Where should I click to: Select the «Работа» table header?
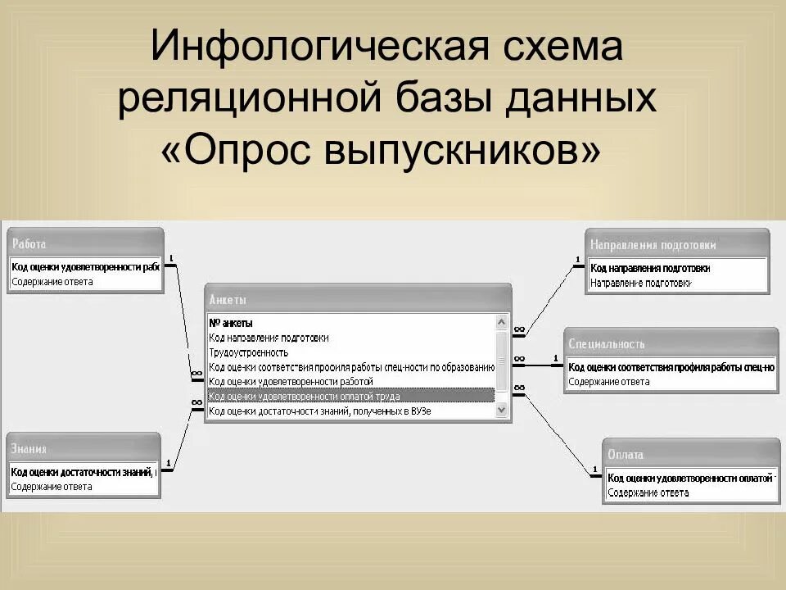click(x=30, y=244)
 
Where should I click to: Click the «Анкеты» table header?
click(x=228, y=300)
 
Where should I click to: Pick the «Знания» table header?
click(x=29, y=449)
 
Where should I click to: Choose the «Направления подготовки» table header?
click(x=653, y=245)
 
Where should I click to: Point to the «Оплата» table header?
click(x=626, y=455)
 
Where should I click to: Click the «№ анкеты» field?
click(x=231, y=323)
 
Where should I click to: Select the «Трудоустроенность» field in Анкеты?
click(x=249, y=352)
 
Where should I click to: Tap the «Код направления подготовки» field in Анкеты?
click(x=269, y=338)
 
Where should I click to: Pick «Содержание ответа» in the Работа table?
click(x=52, y=282)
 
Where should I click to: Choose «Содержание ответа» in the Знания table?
click(x=52, y=487)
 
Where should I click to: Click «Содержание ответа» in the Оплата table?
click(x=648, y=493)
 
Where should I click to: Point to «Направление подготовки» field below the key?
click(x=639, y=283)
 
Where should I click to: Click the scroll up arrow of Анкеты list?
click(x=501, y=322)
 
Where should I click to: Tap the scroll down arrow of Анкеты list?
click(x=501, y=411)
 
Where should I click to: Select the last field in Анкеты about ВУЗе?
click(x=319, y=411)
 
